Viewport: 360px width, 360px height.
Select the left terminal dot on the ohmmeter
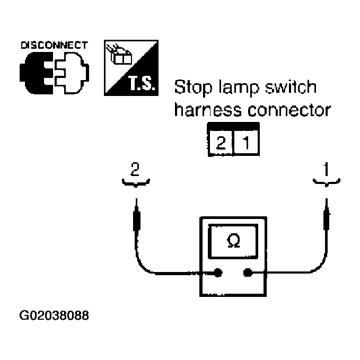tap(218, 274)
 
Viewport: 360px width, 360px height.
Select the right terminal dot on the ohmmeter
tap(247, 274)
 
